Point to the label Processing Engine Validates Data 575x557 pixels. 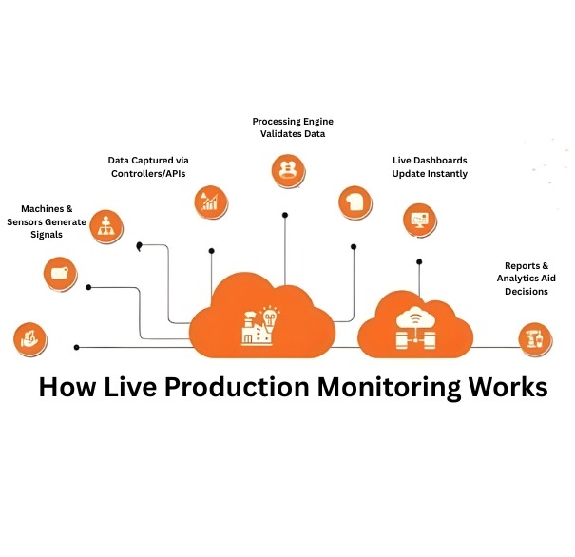pos(293,127)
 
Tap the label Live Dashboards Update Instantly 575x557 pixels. pos(430,166)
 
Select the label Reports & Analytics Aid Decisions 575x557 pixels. pos(526,279)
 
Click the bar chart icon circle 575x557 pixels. pos(209,200)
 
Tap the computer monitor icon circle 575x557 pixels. pos(417,219)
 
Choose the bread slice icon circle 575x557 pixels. pos(355,201)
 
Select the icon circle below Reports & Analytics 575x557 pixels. pos(532,336)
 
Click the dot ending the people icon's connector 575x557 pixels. pos(285,215)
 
